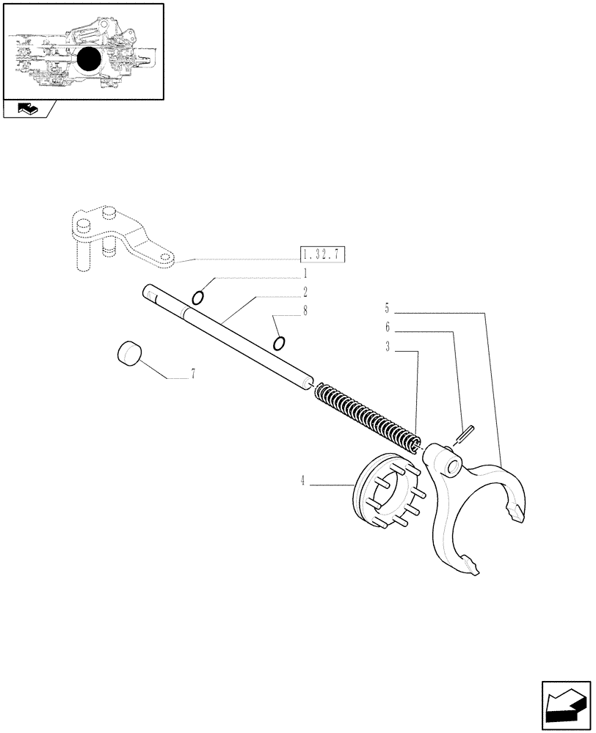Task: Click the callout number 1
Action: click(303, 273)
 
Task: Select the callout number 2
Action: click(303, 292)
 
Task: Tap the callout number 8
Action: click(303, 311)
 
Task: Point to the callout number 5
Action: click(387, 308)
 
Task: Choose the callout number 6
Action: click(387, 328)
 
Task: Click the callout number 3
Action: click(387, 347)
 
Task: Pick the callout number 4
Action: click(302, 482)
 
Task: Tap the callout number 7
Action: click(193, 375)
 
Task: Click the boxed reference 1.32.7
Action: click(323, 255)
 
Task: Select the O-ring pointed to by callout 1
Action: click(198, 297)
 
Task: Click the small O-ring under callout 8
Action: click(279, 343)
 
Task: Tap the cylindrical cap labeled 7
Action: click(129, 353)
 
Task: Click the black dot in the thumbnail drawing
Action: click(89, 59)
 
